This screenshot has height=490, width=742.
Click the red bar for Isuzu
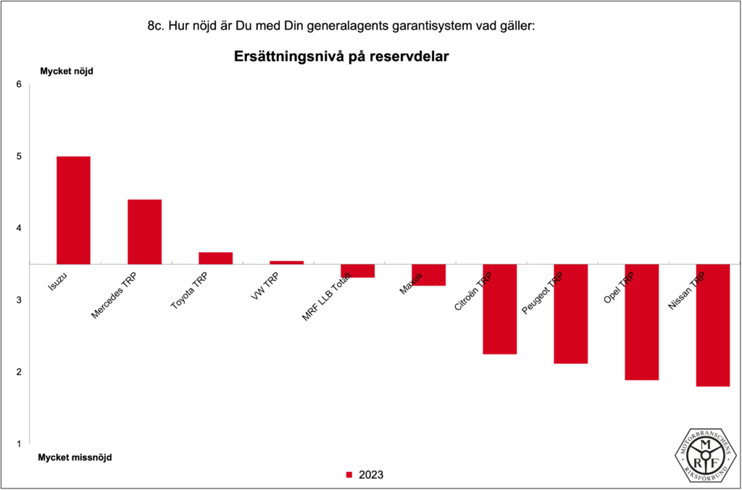(73, 210)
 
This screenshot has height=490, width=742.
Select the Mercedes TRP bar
(144, 231)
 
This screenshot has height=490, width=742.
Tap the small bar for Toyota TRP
(215, 258)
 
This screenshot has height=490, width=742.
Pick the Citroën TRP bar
(499, 309)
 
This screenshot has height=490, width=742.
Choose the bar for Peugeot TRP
(570, 313)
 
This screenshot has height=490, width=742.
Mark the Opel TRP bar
(641, 322)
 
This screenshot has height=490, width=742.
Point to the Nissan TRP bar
(712, 325)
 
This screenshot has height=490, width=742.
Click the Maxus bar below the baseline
(428, 275)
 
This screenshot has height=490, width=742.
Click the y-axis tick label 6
(19, 85)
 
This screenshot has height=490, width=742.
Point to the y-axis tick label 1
(19, 444)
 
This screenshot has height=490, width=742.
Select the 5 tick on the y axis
(19, 157)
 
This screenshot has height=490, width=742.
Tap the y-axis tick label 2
(19, 372)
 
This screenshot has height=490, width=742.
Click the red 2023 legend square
(349, 475)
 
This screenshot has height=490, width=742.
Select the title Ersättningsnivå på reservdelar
(341, 57)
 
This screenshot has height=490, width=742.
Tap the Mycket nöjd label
(66, 72)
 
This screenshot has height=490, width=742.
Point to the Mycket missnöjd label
(75, 457)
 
